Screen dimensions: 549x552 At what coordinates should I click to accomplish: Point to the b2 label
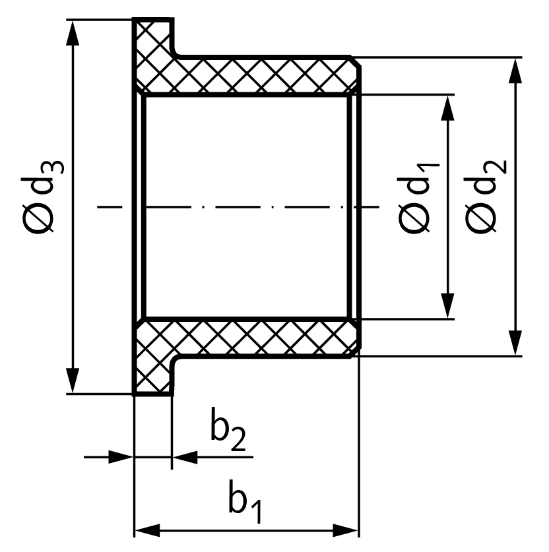227,429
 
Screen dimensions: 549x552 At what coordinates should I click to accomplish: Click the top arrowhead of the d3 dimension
73,33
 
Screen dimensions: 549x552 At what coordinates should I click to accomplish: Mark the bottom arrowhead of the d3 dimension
73,381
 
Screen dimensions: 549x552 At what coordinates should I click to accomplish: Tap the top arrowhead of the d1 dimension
447,107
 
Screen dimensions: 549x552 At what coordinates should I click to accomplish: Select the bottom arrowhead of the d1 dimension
447,306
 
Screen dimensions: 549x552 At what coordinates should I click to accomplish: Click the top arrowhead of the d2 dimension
515,71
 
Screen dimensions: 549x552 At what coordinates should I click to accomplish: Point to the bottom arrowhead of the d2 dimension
515,343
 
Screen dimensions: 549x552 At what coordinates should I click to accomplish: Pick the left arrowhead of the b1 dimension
148,530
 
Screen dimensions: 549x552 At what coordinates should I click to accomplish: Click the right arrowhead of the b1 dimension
346,530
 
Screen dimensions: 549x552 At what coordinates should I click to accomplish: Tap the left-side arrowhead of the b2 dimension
121,457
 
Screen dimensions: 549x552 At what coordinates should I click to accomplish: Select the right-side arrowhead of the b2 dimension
185,457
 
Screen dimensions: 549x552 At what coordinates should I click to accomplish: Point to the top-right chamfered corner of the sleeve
356,61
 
